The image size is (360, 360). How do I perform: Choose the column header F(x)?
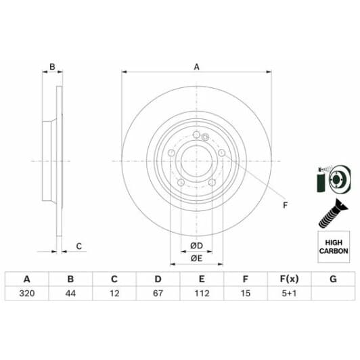point(289,279)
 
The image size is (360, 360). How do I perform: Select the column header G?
point(333,279)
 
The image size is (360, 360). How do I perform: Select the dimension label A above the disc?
point(197,67)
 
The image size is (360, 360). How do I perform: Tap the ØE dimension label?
point(197,258)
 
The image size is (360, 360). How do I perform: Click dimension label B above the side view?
point(52,67)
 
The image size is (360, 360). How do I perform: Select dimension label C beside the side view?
point(78,246)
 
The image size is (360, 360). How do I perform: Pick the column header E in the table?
point(202,279)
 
